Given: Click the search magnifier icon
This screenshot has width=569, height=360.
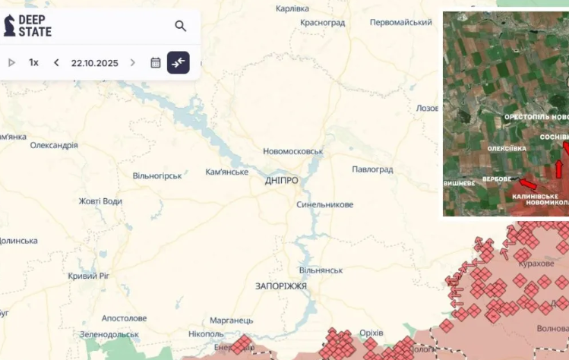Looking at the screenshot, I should pyautogui.click(x=180, y=26).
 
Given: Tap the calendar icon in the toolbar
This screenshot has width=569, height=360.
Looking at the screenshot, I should pyautogui.click(x=155, y=62).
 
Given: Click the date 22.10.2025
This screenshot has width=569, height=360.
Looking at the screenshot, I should pyautogui.click(x=95, y=63).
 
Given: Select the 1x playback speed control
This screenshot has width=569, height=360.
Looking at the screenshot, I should pyautogui.click(x=33, y=62).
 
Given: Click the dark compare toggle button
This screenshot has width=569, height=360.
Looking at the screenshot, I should pyautogui.click(x=179, y=62).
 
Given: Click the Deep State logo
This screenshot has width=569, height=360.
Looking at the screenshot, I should pyautogui.click(x=28, y=25).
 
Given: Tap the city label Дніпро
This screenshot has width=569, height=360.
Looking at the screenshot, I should pyautogui.click(x=281, y=181).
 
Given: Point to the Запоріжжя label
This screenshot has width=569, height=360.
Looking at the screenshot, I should pyautogui.click(x=281, y=286).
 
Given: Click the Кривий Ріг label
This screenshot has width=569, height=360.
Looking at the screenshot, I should pyautogui.click(x=88, y=276).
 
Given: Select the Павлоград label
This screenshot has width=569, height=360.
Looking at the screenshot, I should pyautogui.click(x=372, y=169).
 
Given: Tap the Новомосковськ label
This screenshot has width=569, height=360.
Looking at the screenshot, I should pyautogui.click(x=293, y=151).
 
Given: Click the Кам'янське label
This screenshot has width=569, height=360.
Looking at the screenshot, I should pyautogui.click(x=227, y=172).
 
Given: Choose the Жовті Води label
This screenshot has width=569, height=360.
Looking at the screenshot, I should pyautogui.click(x=100, y=201).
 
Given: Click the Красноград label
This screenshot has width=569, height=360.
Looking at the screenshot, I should pyautogui.click(x=322, y=23).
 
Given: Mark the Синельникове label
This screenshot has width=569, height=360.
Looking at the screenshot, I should pyautogui.click(x=325, y=204).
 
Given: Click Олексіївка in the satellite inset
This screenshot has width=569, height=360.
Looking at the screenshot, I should pyautogui.click(x=507, y=148).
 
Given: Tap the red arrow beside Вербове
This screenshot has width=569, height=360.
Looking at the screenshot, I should pyautogui.click(x=527, y=183).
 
